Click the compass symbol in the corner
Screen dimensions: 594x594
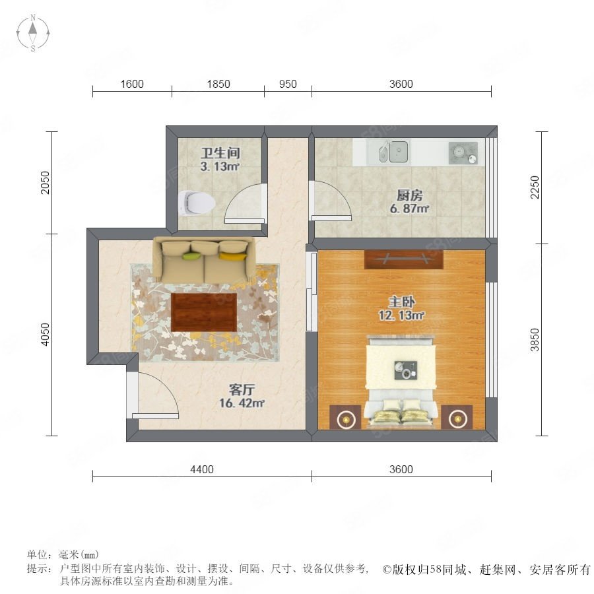33,32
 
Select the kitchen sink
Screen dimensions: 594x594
393,152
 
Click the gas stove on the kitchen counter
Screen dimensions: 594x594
463,153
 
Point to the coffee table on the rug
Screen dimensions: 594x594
204,312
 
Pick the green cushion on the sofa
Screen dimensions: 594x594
192,256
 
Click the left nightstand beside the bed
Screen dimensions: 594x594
345,417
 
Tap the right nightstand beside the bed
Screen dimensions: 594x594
457,417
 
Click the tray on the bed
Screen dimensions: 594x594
406,370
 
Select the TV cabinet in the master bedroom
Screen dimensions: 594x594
404,259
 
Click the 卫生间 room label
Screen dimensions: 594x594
220,153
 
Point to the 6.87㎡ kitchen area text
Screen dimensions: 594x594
409,209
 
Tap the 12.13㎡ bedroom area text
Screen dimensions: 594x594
401,315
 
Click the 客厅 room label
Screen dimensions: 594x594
242,389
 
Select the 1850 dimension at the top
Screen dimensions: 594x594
218,84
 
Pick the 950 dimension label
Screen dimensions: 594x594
288,84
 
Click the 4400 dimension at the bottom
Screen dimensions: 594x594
202,470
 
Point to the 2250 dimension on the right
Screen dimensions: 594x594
535,187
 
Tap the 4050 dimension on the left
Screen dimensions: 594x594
45,335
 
